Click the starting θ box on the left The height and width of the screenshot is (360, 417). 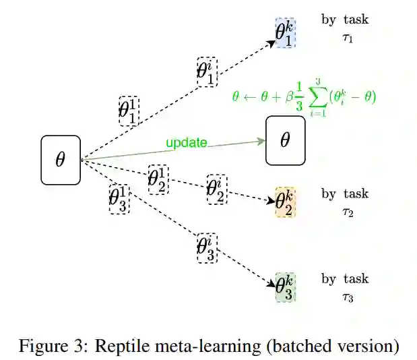61,160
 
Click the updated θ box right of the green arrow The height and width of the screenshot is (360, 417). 285,140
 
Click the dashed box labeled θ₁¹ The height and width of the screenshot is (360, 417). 127,111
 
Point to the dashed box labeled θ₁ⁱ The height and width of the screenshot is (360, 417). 207,71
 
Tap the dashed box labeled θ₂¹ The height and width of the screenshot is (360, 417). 157,180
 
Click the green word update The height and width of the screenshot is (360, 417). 186,143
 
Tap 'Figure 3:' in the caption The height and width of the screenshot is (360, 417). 53,347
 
